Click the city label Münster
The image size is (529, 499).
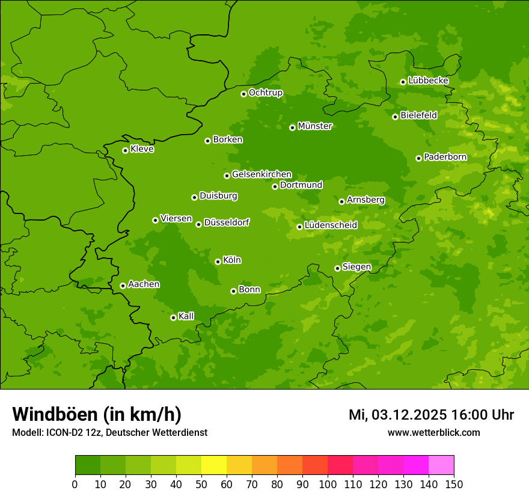[x=315, y=126]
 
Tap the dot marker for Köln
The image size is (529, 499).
[x=218, y=262]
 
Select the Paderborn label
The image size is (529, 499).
[x=445, y=157]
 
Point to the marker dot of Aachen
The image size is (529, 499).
[x=123, y=286]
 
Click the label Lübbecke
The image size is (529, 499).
[x=429, y=81]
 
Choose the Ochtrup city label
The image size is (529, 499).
[x=266, y=93]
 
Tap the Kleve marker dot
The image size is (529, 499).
[x=125, y=150]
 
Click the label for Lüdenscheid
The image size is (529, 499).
[x=331, y=225]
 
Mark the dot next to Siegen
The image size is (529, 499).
[x=337, y=268]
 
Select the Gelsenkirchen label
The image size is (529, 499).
[x=261, y=174]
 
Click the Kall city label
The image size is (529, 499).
[x=186, y=316]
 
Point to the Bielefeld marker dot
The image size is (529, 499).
[x=395, y=117]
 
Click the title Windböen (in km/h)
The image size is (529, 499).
[x=97, y=414]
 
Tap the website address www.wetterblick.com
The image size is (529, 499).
[x=434, y=432]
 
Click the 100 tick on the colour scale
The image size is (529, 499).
[x=328, y=484]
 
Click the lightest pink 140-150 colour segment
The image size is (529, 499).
[x=441, y=465]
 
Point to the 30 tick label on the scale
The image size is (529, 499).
[x=151, y=484]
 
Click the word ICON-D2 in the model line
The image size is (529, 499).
[x=65, y=432]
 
